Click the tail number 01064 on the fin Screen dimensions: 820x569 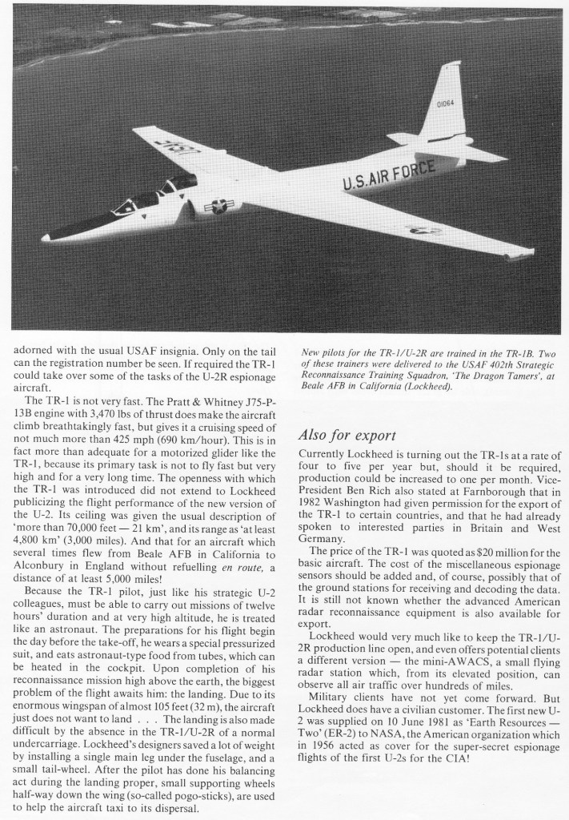coord(446,103)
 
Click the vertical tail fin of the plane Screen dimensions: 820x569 coord(445,104)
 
